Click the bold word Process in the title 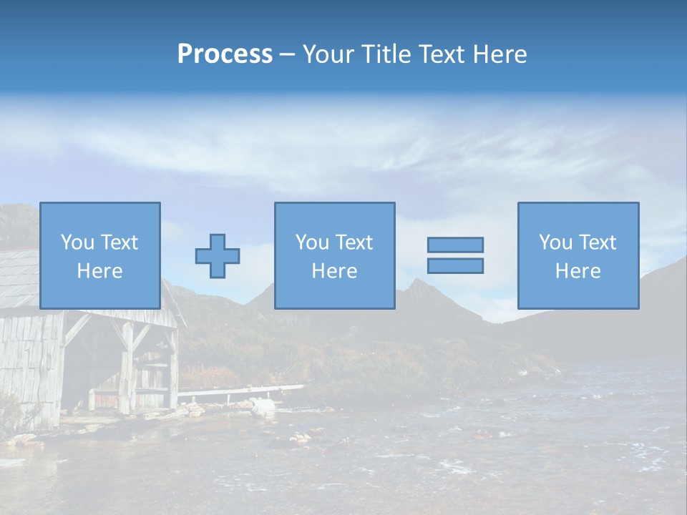coord(225,54)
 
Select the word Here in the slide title coord(499,54)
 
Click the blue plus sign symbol coord(218,256)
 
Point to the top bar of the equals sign coord(455,245)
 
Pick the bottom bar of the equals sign coord(455,265)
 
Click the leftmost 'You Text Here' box coord(100,255)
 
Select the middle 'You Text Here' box coord(334,255)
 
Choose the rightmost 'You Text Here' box coord(578,255)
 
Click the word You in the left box coord(77,242)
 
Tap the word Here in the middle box coord(334,271)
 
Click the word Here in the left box coord(100,271)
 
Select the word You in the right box coord(555,242)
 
